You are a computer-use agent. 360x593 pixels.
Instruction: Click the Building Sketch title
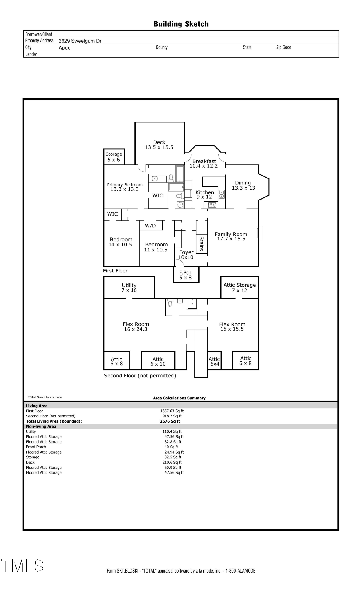[181, 24]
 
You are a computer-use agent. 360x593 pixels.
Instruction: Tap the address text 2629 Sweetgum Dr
[80, 41]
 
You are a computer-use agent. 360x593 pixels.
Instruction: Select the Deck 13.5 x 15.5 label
[159, 145]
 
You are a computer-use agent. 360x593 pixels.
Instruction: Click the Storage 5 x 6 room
[114, 157]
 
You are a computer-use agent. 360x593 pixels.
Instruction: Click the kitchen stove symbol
[212, 205]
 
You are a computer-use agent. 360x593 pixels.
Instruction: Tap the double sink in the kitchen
[222, 194]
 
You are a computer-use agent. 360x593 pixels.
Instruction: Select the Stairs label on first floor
[202, 243]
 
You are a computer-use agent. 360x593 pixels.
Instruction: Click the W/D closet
[151, 226]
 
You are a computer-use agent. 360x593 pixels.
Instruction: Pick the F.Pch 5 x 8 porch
[186, 275]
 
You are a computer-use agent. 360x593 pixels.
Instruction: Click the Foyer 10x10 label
[186, 255]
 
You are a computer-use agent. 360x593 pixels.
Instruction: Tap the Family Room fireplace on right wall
[259, 233]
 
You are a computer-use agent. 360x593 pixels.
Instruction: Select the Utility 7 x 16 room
[129, 288]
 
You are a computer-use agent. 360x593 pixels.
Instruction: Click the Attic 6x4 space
[214, 361]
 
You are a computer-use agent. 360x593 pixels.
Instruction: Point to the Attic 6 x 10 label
[158, 361]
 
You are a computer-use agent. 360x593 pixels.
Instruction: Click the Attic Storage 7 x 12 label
[240, 288]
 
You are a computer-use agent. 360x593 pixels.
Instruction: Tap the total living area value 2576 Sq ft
[170, 421]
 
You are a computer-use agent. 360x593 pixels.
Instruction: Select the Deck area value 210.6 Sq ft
[172, 462]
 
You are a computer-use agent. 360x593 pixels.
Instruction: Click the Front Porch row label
[36, 447]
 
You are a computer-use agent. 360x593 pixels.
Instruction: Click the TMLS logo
[23, 566]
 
